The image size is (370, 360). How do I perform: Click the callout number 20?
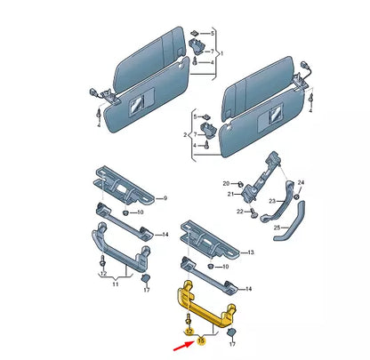[x=226, y=181]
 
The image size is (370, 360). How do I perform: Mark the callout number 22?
[x=237, y=212]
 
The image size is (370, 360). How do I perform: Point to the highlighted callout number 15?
[x=202, y=339]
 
